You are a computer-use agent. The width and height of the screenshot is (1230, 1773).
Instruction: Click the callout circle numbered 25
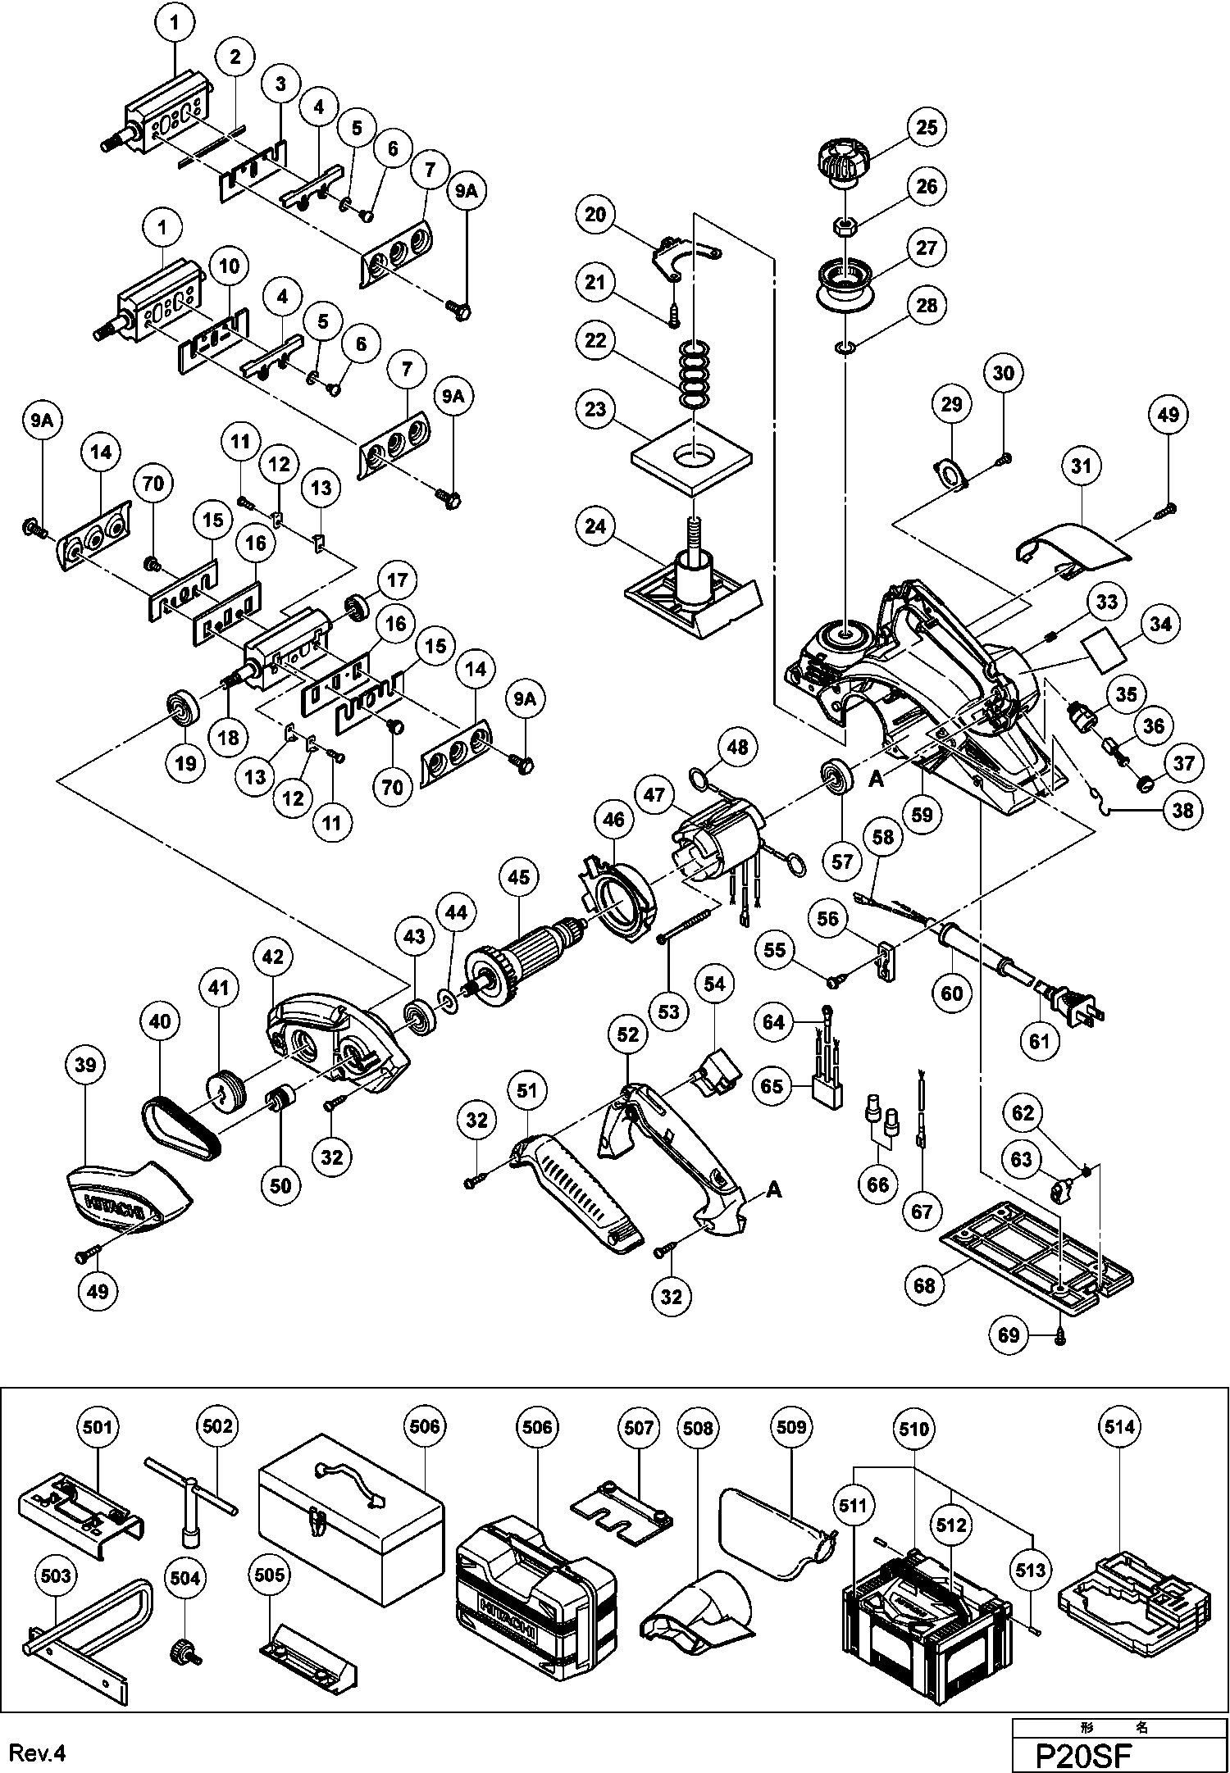(926, 127)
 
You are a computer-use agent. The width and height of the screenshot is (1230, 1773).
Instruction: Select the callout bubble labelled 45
(518, 877)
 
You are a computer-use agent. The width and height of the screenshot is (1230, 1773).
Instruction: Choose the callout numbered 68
(924, 1285)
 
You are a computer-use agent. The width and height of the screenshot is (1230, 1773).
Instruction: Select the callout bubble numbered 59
(922, 815)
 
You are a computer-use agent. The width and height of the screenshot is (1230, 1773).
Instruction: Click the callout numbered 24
(595, 526)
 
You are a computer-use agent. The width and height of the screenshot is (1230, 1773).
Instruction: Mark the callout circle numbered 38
(1182, 810)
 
